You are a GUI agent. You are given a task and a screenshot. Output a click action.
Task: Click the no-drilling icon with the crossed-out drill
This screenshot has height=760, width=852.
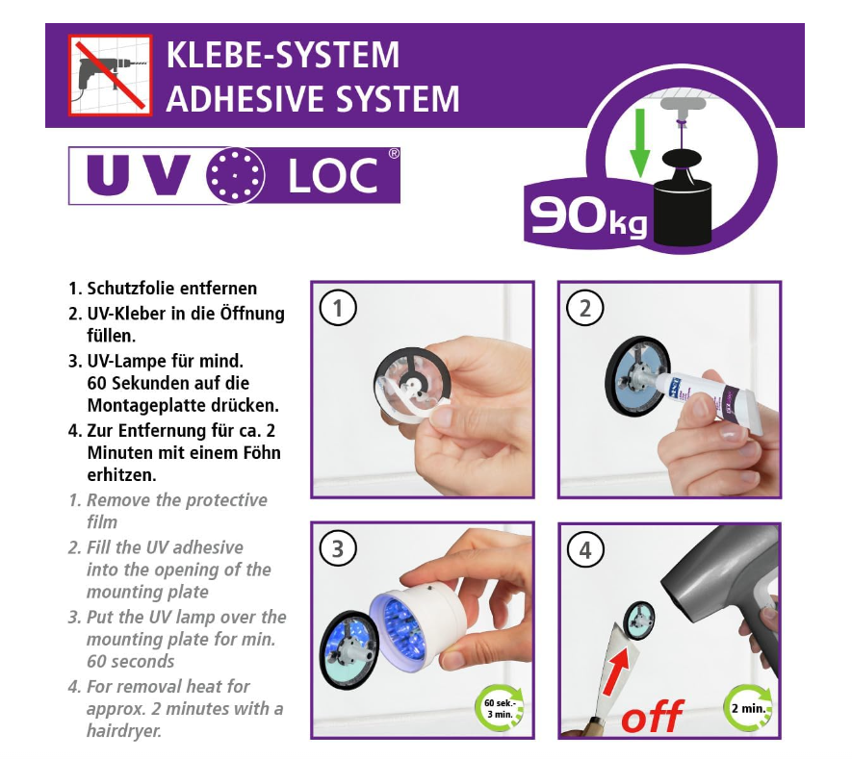click(111, 75)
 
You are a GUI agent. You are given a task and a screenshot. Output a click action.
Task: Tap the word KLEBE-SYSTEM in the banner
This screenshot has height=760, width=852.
click(282, 55)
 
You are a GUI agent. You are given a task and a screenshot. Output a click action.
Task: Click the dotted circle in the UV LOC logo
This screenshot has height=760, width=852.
click(236, 175)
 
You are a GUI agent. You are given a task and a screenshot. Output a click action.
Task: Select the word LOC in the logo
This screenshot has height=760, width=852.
click(332, 175)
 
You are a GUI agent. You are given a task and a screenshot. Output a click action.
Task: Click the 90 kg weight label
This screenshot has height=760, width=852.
click(588, 217)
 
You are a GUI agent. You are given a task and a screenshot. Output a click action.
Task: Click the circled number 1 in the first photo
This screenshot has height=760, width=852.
click(338, 309)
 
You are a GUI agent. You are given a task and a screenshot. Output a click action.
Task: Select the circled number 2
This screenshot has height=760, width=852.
click(584, 309)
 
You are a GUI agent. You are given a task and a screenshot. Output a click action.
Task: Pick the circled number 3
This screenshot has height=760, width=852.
click(338, 549)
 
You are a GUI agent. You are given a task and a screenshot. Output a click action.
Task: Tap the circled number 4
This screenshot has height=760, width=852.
click(584, 550)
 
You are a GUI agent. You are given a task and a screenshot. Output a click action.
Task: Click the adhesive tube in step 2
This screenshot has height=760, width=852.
click(707, 397)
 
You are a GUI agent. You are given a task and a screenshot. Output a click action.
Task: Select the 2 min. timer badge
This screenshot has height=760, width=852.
click(748, 708)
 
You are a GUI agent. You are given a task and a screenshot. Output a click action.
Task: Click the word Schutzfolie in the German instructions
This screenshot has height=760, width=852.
click(130, 289)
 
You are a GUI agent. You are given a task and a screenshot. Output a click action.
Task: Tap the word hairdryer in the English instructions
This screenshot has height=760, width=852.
click(124, 731)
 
